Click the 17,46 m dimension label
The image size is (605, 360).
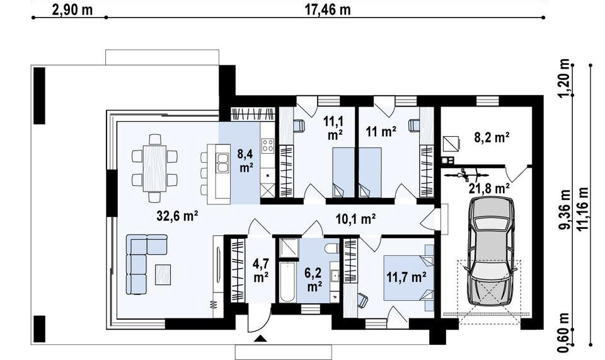[x=327, y=9]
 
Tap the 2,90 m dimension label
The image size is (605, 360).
[x=72, y=9]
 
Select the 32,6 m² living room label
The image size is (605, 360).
[x=177, y=215]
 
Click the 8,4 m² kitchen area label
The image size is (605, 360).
[x=245, y=160]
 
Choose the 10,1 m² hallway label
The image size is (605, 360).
[x=355, y=219]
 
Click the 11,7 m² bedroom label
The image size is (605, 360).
[x=406, y=276]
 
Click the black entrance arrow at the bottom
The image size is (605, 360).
[x=260, y=339]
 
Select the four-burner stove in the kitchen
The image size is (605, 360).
[x=268, y=146]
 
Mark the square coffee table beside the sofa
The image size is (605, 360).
[x=163, y=273]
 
